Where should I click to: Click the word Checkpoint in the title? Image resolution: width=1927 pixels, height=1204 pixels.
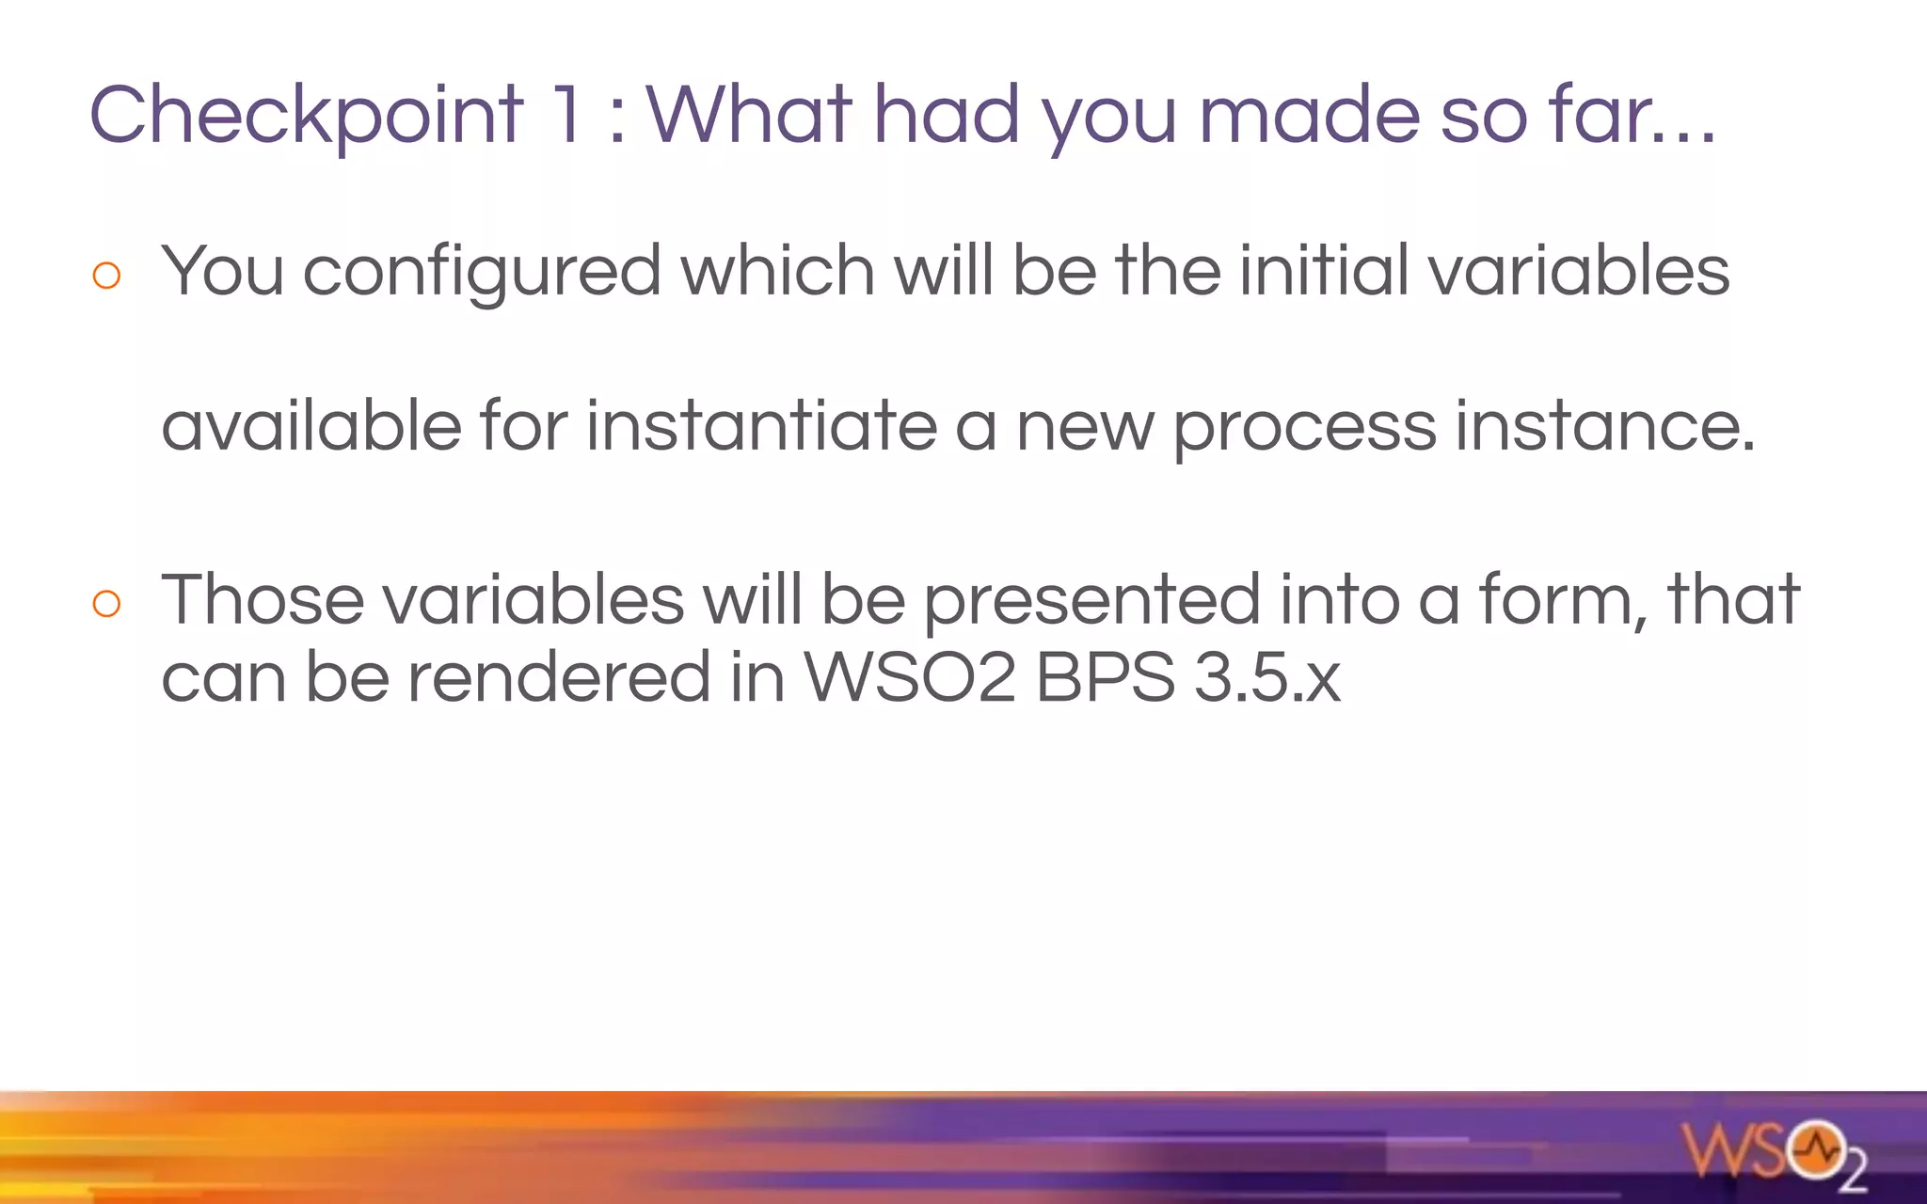click(x=306, y=115)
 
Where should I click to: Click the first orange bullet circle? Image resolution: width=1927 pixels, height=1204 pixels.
click(x=107, y=276)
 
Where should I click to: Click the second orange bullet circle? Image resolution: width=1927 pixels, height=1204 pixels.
click(x=107, y=604)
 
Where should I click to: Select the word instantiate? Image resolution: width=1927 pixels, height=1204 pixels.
click(x=761, y=426)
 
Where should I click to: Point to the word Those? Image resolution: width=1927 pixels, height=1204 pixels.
click(x=263, y=600)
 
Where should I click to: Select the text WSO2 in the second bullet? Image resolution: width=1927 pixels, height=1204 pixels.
click(x=910, y=677)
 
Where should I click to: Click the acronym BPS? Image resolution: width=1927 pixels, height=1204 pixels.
click(x=1106, y=677)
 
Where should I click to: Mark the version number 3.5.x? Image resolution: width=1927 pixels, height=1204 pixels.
click(x=1266, y=677)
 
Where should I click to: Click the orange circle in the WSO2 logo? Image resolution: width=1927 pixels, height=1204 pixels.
click(x=1815, y=1149)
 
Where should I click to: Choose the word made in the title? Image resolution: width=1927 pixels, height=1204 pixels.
click(x=1309, y=115)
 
